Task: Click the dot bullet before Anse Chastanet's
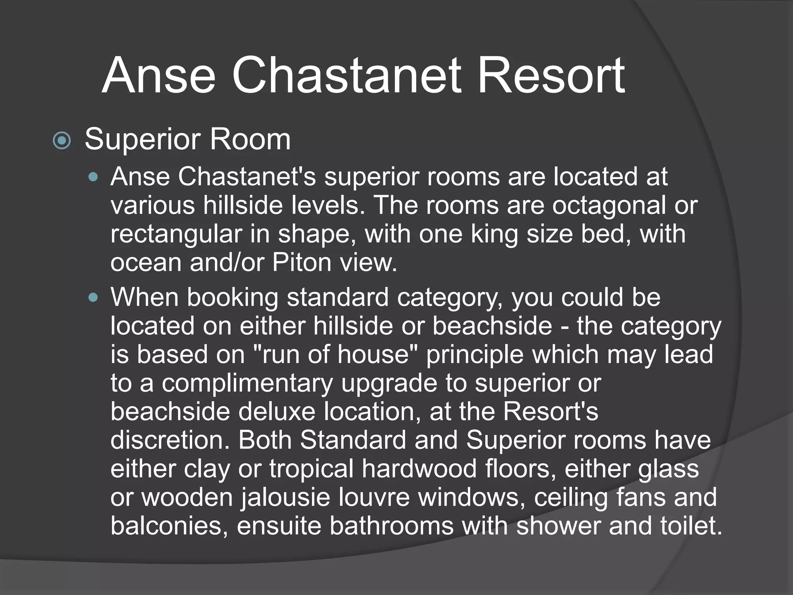(93, 178)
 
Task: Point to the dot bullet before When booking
(93, 298)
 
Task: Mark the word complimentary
(247, 383)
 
